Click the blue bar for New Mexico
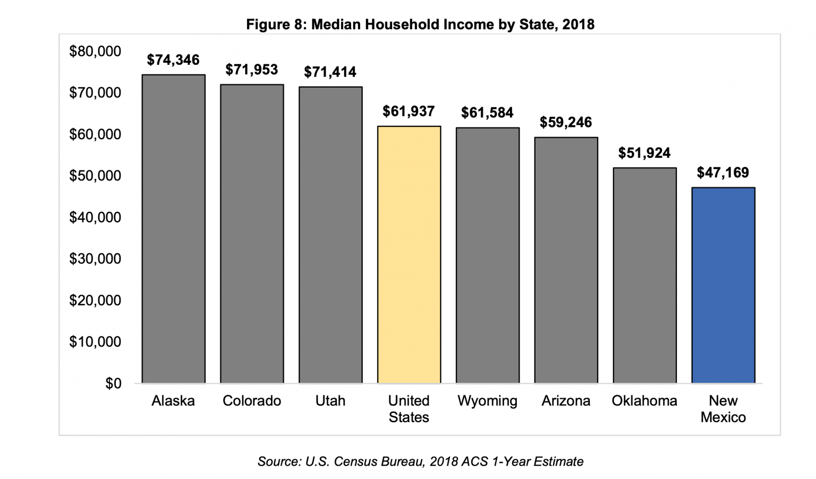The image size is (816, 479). (x=723, y=285)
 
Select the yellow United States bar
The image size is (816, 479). (x=409, y=254)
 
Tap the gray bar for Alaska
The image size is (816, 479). (x=173, y=229)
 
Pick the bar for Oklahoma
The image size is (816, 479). (x=644, y=275)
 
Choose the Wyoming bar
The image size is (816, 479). (x=487, y=255)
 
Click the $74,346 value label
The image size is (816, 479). (x=173, y=60)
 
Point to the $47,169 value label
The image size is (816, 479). (x=722, y=173)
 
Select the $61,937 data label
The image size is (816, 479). (x=409, y=112)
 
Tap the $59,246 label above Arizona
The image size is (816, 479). (x=566, y=123)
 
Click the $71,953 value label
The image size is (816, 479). (x=252, y=70)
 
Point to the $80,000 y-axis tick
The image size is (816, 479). (x=95, y=52)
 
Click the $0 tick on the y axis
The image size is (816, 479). (x=113, y=383)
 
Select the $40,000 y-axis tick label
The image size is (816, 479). (x=95, y=217)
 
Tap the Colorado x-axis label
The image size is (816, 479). (x=252, y=401)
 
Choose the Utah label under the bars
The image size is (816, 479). (x=330, y=401)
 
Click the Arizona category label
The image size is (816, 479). (x=566, y=401)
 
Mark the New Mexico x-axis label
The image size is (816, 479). (x=723, y=409)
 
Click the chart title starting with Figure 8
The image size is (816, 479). (x=420, y=24)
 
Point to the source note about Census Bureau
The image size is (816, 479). (x=420, y=461)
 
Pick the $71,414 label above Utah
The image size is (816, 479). (x=330, y=72)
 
